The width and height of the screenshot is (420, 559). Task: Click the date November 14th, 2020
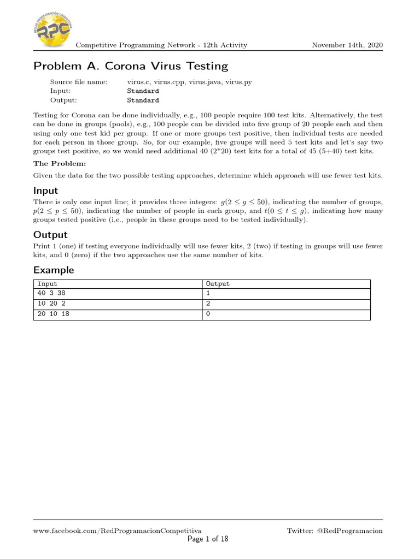tap(347, 45)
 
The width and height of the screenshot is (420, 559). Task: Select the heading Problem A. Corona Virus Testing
tap(131, 66)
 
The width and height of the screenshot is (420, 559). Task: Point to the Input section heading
tap(46, 191)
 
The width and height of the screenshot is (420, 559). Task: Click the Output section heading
tap(50, 235)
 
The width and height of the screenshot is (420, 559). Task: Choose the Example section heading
tap(54, 270)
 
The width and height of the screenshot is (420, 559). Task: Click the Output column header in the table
tap(218, 284)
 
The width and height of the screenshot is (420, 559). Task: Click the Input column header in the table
tap(47, 284)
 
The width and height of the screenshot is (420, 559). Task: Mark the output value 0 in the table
tap(208, 314)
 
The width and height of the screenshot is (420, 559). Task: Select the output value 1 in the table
tap(208, 293)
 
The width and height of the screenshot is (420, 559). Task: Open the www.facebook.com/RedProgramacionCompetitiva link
tap(118, 531)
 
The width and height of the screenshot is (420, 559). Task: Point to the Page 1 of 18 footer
tap(208, 539)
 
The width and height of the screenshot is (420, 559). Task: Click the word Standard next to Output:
tap(143, 100)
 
